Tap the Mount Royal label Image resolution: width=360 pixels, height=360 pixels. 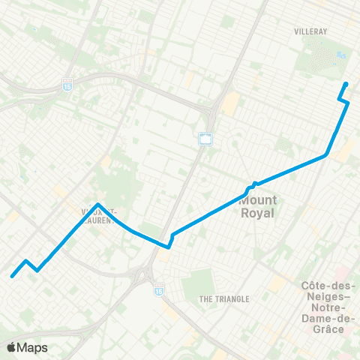tap(258, 206)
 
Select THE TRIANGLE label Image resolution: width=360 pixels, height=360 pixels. tap(223, 299)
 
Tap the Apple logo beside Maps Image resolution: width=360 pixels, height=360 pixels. tap(11, 347)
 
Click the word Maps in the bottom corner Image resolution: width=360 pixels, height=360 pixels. tap(32, 347)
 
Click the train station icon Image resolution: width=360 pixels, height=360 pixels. tap(205, 139)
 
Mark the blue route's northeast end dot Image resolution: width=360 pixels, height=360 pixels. tap(346, 84)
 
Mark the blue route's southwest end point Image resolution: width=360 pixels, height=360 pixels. tap(12, 276)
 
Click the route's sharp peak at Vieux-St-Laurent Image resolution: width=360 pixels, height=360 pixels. tap(98, 204)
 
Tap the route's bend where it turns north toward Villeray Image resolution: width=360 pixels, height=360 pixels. tap(326, 155)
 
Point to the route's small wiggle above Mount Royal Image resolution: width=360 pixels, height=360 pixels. tap(253, 184)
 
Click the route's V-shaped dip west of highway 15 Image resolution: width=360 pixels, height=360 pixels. tap(169, 244)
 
